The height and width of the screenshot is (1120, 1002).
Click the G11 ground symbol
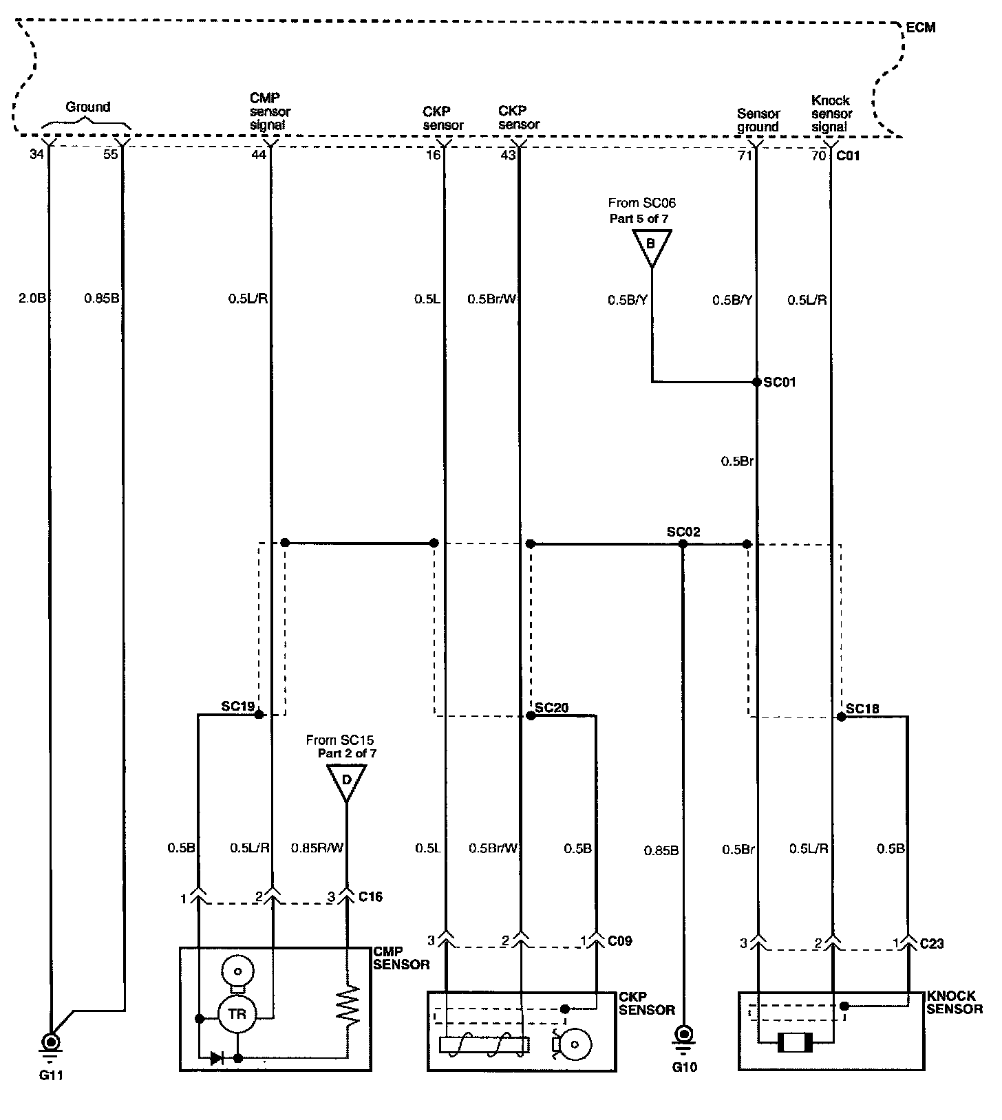tap(51, 1040)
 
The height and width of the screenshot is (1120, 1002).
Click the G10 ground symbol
tap(683, 1034)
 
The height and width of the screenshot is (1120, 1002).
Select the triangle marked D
tap(346, 782)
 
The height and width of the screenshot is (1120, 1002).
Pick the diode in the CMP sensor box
tap(217, 1058)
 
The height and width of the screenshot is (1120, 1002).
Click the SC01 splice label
tap(780, 383)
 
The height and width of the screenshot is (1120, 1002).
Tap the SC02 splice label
tap(683, 532)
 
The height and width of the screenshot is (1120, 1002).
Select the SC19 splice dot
tap(259, 715)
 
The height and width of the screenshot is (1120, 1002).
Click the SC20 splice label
tap(552, 707)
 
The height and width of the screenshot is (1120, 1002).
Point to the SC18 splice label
tap(862, 709)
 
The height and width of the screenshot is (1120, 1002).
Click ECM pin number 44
tap(258, 155)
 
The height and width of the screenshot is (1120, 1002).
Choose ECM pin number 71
tap(744, 155)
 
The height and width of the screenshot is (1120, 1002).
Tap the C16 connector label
tap(370, 896)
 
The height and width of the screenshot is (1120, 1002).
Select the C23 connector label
tap(932, 943)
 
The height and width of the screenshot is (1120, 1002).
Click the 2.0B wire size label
tap(32, 299)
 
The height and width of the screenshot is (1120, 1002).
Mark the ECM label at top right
tap(921, 28)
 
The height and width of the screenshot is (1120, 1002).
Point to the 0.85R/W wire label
tap(317, 848)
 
